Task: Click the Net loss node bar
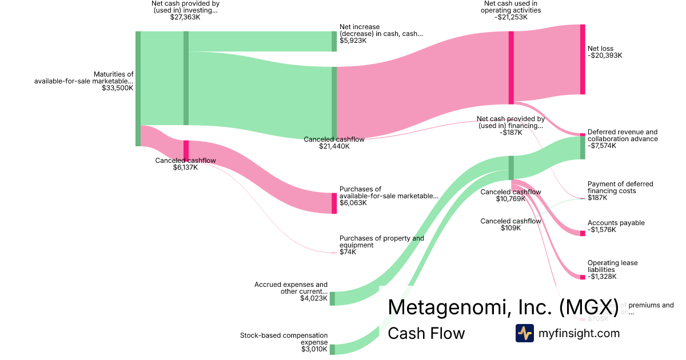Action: pyautogui.click(x=583, y=59)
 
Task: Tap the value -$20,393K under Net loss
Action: pyautogui.click(x=605, y=55)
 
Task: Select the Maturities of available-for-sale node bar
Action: pyautogui.click(x=138, y=89)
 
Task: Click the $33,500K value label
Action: pyautogui.click(x=117, y=88)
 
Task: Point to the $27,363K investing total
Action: pyautogui.click(x=185, y=17)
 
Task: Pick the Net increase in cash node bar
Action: pyautogui.click(x=334, y=41)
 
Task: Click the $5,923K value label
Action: pyautogui.click(x=353, y=41)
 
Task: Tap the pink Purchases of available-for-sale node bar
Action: pyautogui.click(x=334, y=203)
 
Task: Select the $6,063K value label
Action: pyautogui.click(x=353, y=203)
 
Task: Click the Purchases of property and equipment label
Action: pyautogui.click(x=381, y=242)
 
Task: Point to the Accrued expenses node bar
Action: pyautogui.click(x=332, y=298)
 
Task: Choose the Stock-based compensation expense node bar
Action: pyautogui.click(x=332, y=349)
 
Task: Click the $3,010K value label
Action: pyautogui.click(x=314, y=349)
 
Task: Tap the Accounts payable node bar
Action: pyautogui.click(x=583, y=233)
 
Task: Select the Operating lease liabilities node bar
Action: pyautogui.click(x=583, y=277)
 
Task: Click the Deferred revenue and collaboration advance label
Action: pyautogui.click(x=623, y=135)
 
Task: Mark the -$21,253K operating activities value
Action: pyautogui.click(x=510, y=17)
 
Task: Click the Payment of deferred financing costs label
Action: pyautogui.click(x=620, y=187)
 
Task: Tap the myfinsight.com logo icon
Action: pyautogui.click(x=524, y=333)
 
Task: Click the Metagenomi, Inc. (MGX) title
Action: pyautogui.click(x=503, y=307)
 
